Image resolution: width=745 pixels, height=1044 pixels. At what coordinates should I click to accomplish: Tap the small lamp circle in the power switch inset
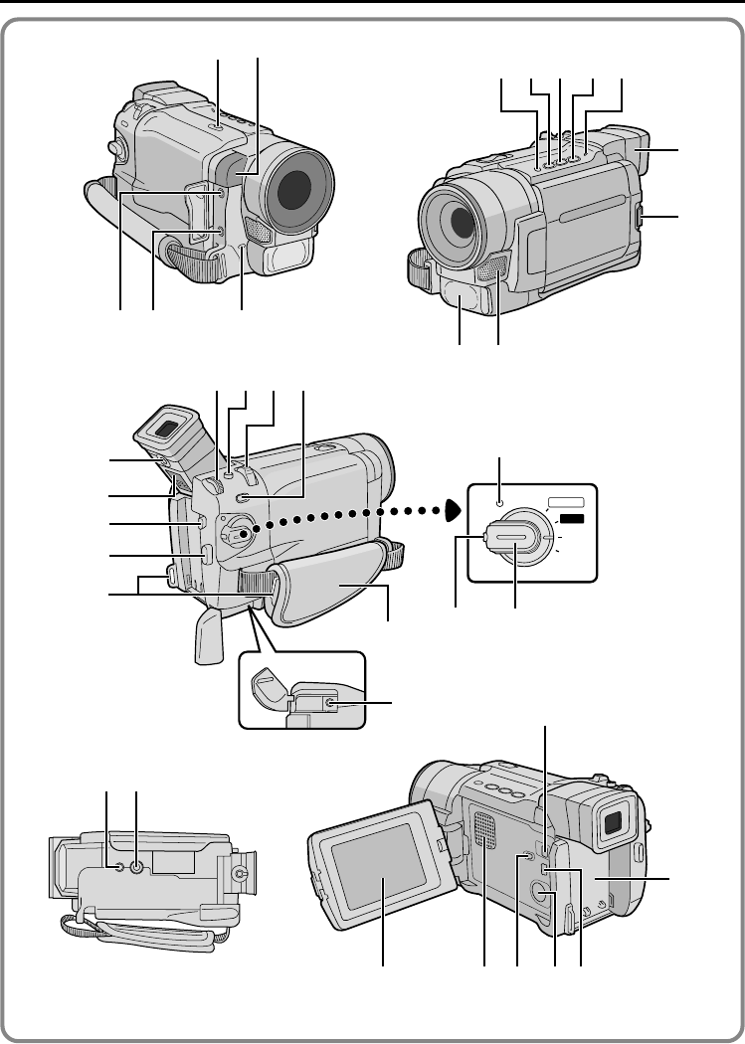500,501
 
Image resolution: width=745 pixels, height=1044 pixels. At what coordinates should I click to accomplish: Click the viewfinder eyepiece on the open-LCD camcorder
613,820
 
